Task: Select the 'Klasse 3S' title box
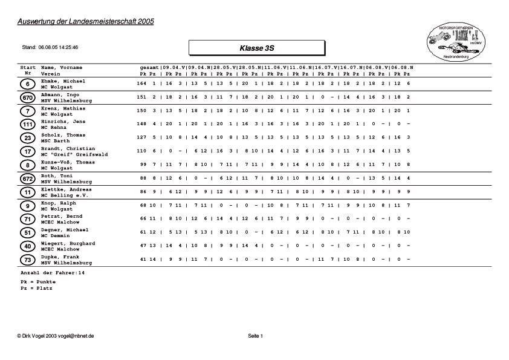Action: click(x=256, y=47)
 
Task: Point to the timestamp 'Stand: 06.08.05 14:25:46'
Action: click(x=50, y=47)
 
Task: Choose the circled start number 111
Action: click(x=27, y=125)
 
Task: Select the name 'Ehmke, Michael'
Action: click(x=63, y=80)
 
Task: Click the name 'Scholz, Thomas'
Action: click(x=63, y=135)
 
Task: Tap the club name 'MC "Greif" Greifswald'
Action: click(x=74, y=154)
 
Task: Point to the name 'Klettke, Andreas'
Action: click(x=66, y=189)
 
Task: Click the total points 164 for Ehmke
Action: click(x=142, y=83)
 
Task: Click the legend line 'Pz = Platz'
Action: click(x=36, y=288)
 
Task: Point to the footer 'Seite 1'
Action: click(x=256, y=335)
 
